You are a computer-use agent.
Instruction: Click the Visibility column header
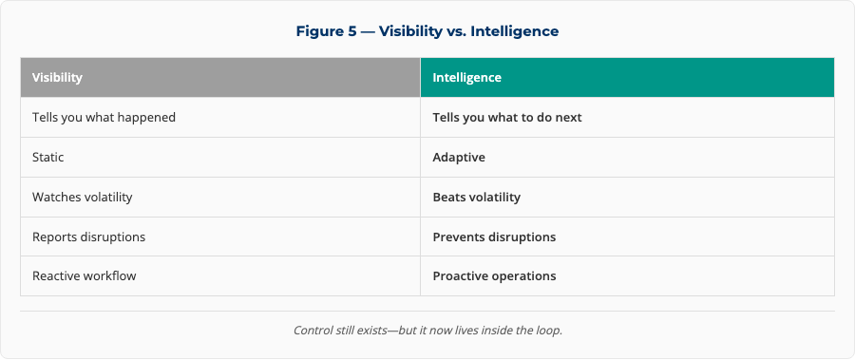pos(220,78)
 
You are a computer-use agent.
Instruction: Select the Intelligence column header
pos(627,78)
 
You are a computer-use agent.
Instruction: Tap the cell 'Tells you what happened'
pos(220,117)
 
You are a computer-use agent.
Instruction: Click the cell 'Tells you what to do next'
pos(627,117)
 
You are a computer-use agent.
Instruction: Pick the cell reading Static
pos(220,157)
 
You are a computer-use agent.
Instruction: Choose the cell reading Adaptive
pos(627,157)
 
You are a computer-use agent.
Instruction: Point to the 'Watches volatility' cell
pos(220,197)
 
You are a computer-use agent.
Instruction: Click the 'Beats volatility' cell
pos(627,197)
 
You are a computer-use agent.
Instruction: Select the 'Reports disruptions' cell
pos(220,237)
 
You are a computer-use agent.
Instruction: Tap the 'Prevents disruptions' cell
pos(627,237)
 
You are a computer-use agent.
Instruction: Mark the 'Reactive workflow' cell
pos(220,276)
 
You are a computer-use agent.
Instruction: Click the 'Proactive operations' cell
pos(627,276)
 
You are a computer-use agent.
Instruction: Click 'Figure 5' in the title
pos(326,31)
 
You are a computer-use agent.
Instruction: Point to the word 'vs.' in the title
pos(454,31)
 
